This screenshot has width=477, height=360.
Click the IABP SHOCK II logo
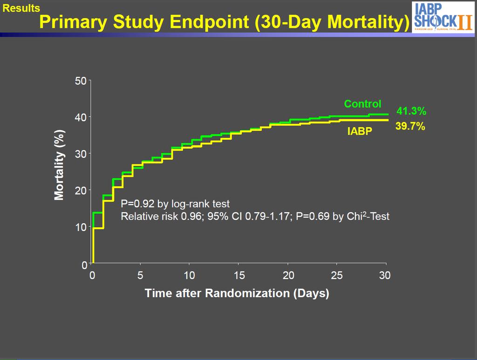pyautogui.click(x=443, y=17)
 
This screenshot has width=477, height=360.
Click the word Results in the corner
pyautogui.click(x=21, y=8)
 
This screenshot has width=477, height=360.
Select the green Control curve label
pyautogui.click(x=362, y=104)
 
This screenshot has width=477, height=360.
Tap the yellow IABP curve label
pyautogui.click(x=360, y=131)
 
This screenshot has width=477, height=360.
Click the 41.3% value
pyautogui.click(x=411, y=111)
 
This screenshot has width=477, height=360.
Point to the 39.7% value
pyautogui.click(x=410, y=126)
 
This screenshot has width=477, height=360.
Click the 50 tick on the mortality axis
pyautogui.click(x=81, y=81)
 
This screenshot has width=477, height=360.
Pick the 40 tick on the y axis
pyautogui.click(x=81, y=117)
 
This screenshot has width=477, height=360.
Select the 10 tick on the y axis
pyautogui.click(x=81, y=227)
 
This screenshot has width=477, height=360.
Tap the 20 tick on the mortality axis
pyautogui.click(x=81, y=190)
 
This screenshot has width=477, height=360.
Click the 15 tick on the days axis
pyautogui.click(x=239, y=276)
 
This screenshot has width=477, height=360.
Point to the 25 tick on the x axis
pyautogui.click(x=337, y=276)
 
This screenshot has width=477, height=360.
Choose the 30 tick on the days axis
pyautogui.click(x=385, y=276)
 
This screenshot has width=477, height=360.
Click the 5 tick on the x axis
pyautogui.click(x=140, y=276)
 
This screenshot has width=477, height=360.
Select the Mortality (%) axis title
pyautogui.click(x=59, y=165)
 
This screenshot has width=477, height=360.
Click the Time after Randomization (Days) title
pyautogui.click(x=237, y=293)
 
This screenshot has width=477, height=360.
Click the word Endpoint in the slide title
pyautogui.click(x=210, y=22)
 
